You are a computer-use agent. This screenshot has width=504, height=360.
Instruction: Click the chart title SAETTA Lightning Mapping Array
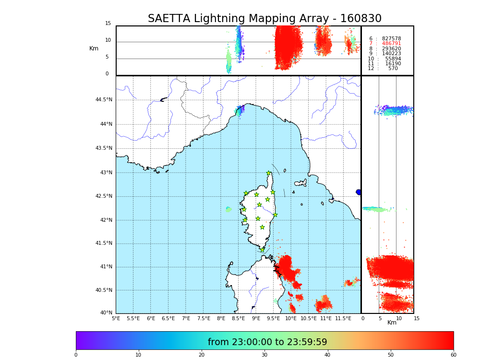pyautogui.click(x=264, y=19)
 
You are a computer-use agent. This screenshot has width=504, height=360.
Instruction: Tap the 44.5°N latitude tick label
pyautogui.click(x=104, y=100)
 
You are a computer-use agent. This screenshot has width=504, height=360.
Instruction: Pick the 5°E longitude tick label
pyautogui.click(x=116, y=318)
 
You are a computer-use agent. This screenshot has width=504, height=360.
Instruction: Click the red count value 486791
pyautogui.click(x=391, y=44)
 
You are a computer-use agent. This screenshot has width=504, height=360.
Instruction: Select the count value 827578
pyautogui.click(x=391, y=38)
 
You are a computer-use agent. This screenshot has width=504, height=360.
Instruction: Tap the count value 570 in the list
pyautogui.click(x=393, y=69)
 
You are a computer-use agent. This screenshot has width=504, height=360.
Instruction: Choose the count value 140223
pyautogui.click(x=391, y=54)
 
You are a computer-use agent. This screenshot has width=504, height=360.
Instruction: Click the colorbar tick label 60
pyautogui.click(x=453, y=355)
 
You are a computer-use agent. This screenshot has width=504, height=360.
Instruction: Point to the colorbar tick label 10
pyautogui.click(x=138, y=355)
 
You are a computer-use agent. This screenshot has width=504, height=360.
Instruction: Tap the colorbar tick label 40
pyautogui.click(x=327, y=355)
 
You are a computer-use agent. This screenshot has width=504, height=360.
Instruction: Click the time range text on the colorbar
pyautogui.click(x=267, y=342)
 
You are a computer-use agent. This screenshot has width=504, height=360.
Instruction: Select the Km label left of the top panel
pyautogui.click(x=94, y=48)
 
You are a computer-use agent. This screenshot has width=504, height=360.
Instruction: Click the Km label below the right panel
pyautogui.click(x=392, y=323)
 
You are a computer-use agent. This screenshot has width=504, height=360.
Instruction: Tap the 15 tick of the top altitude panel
pyautogui.click(x=108, y=24)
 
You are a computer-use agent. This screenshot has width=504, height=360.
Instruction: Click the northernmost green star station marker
pyautogui.click(x=269, y=173)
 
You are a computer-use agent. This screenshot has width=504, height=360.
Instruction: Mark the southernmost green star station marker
pyautogui.click(x=262, y=250)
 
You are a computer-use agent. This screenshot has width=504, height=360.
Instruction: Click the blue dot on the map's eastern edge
pyautogui.click(x=359, y=192)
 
